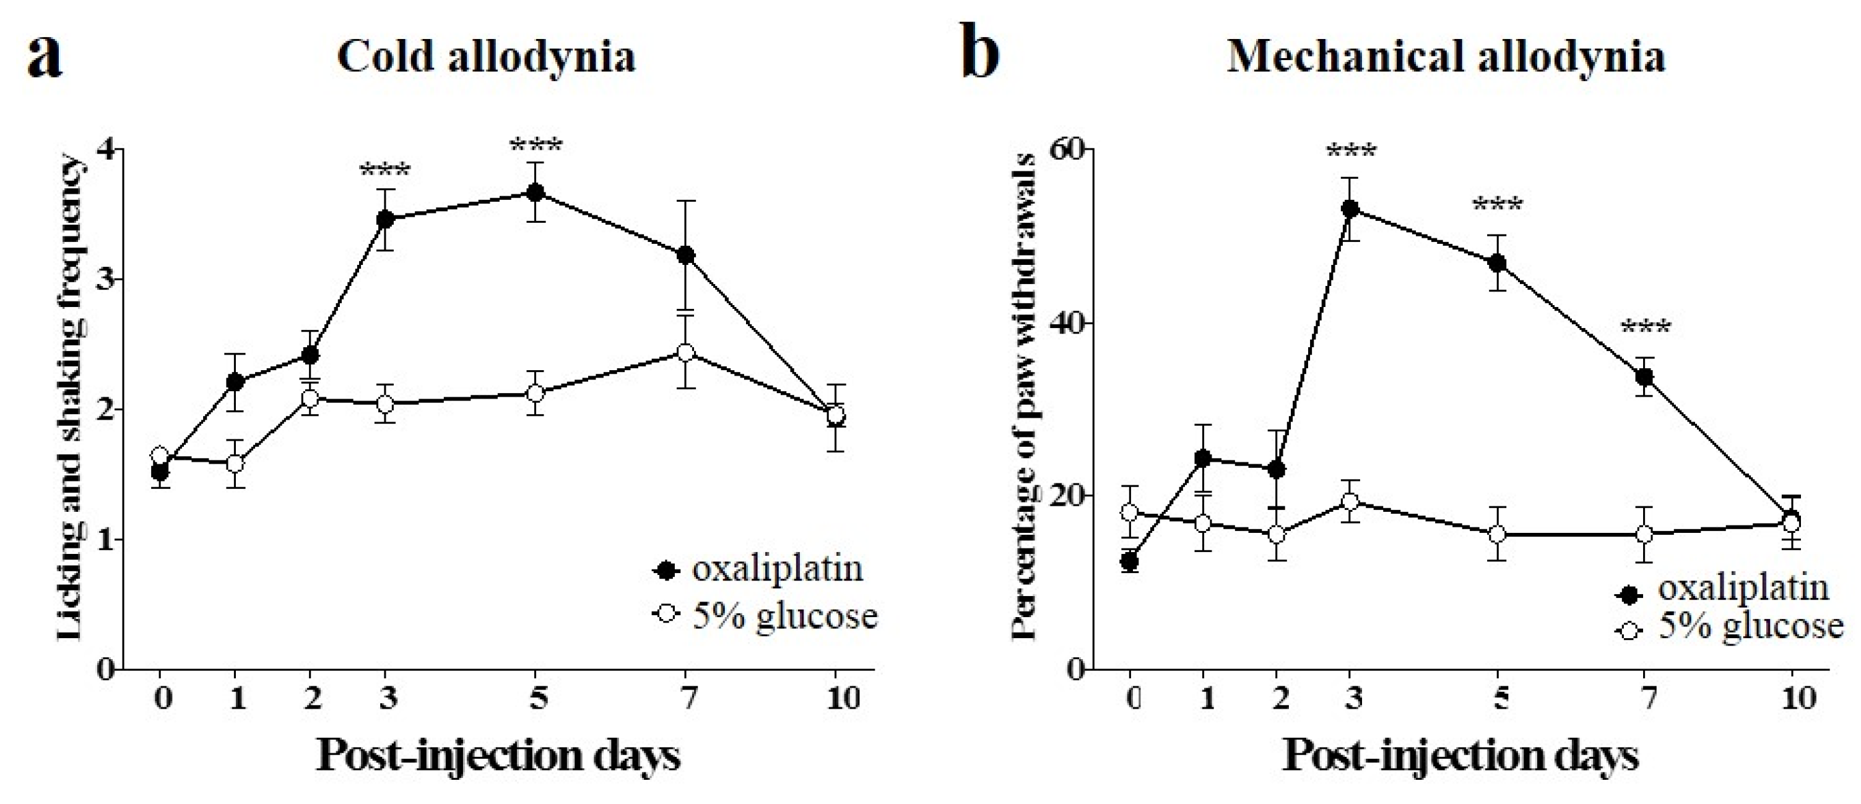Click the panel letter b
[x=982, y=54]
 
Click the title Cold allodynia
[x=486, y=57]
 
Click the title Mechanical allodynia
[x=1446, y=57]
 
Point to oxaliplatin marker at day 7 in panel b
[x=1645, y=376]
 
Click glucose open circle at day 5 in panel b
[x=1497, y=534]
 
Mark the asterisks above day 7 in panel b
[x=1646, y=328]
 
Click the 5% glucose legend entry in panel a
[x=766, y=615]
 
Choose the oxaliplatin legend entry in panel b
[x=1722, y=588]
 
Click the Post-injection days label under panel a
[x=498, y=756]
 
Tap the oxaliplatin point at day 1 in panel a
[x=235, y=381]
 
